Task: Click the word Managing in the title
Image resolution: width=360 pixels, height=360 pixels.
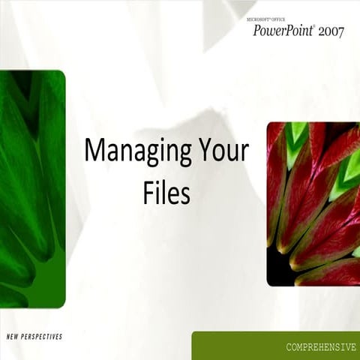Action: pyautogui.click(x=133, y=150)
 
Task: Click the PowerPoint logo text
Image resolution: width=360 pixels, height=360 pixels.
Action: pyautogui.click(x=283, y=31)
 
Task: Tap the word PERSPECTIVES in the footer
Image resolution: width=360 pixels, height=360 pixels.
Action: pyautogui.click(x=44, y=337)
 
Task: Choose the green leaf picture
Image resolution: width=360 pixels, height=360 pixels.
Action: pyautogui.click(x=32, y=187)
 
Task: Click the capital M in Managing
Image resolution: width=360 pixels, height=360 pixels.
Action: pyautogui.click(x=93, y=149)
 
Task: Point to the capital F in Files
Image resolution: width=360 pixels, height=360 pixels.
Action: pyautogui.click(x=148, y=191)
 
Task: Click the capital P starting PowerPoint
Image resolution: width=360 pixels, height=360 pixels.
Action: pyautogui.click(x=257, y=31)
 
